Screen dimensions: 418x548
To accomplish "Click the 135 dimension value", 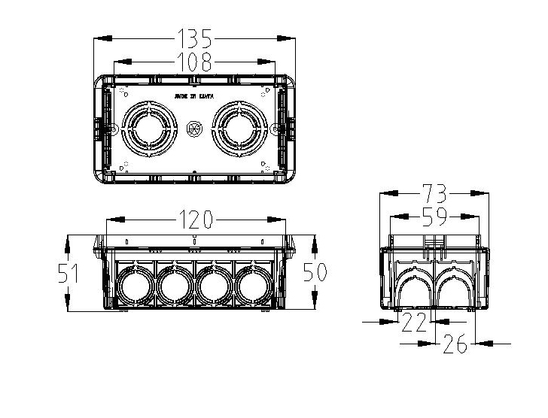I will click(194, 38).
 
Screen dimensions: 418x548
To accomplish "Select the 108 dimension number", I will click(194, 61).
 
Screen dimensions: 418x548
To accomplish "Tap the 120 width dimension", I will click(196, 220).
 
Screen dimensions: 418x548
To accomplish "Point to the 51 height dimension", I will click(69, 272).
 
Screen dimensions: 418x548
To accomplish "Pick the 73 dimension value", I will click(434, 192).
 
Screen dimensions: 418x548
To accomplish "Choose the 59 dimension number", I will click(434, 217).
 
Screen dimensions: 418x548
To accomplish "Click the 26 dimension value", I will click(455, 344).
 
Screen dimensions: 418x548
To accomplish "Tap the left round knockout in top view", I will click(148, 129).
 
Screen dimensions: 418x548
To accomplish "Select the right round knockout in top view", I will click(241, 129).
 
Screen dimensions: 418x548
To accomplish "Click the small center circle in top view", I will click(194, 129).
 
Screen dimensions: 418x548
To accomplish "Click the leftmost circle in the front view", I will click(135, 285).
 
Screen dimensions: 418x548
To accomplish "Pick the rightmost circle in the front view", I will click(254, 285).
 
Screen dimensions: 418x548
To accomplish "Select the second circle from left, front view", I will click(175, 285).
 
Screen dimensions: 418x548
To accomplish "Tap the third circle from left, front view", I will click(214, 285).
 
